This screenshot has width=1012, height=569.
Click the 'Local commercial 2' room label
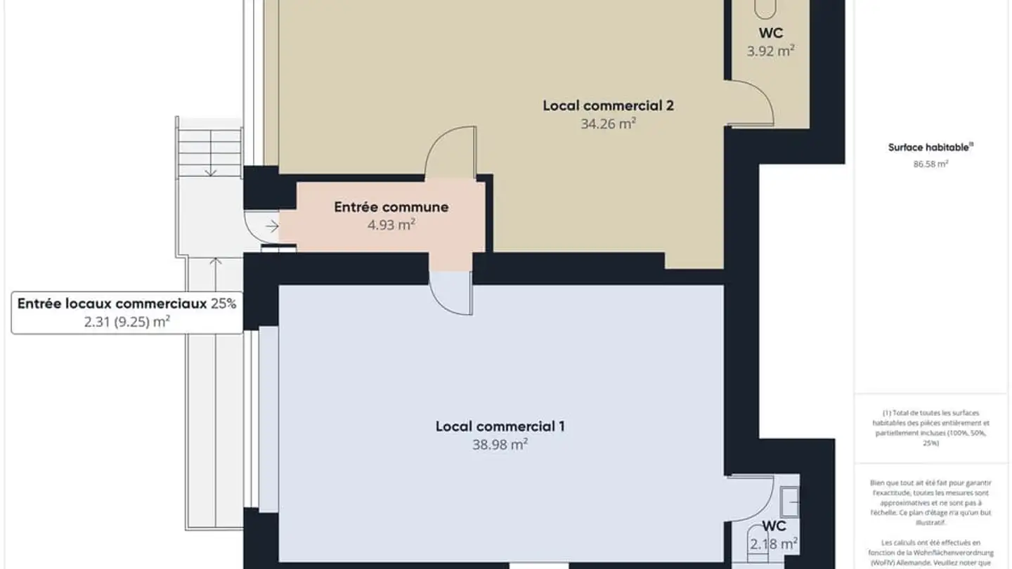(x=608, y=106)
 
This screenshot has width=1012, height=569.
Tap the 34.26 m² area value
(x=608, y=124)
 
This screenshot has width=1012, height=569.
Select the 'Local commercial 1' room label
(x=500, y=426)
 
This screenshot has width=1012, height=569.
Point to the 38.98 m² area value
(x=500, y=445)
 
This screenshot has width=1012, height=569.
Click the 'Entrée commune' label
(x=391, y=207)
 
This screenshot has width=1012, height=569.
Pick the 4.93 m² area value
(x=391, y=225)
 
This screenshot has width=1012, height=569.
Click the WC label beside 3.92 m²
(x=770, y=33)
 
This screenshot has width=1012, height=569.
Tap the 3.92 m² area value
(x=770, y=51)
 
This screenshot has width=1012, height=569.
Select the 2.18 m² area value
(x=773, y=544)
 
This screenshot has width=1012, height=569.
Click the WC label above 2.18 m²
(x=773, y=526)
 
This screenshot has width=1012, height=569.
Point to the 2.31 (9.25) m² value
(x=126, y=322)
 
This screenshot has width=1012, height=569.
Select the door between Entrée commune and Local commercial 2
(x=450, y=151)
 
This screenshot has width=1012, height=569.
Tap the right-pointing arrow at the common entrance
(x=273, y=226)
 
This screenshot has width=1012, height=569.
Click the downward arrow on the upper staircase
(x=209, y=170)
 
